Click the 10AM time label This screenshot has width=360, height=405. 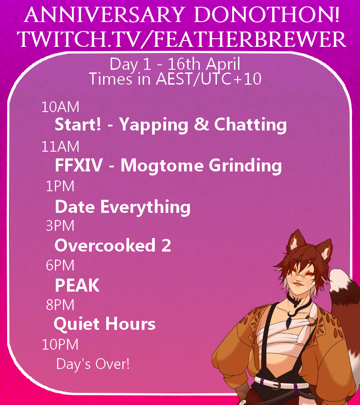pos(60,107)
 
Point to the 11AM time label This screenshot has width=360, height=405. pos(60,146)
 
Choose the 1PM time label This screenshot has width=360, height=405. pos(60,186)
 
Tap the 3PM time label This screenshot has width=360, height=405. pos(60,225)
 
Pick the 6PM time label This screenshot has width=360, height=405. pos(60,265)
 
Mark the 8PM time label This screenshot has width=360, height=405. pos(60,305)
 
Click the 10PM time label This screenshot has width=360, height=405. pos(60,344)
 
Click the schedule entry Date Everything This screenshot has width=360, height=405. pos(122,207)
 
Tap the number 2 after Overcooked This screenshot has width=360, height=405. pos(166,246)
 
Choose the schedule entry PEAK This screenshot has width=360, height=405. pos(77,285)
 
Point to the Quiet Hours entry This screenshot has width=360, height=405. pos(104,324)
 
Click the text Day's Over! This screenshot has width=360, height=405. pos(93,364)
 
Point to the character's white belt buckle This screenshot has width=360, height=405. pos(274,385)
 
